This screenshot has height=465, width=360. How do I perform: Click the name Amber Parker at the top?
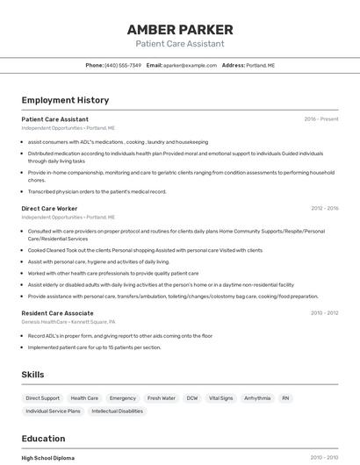(x=179, y=30)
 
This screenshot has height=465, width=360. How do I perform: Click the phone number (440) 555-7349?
(x=122, y=65)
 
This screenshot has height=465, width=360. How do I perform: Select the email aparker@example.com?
(x=190, y=65)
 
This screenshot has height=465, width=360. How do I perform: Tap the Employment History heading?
(x=65, y=100)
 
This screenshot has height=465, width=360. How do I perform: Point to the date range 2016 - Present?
(x=320, y=119)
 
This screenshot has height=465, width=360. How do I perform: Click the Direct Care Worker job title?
(x=49, y=209)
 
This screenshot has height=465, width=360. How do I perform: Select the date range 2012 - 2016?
(x=324, y=209)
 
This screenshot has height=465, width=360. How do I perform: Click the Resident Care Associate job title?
(x=57, y=313)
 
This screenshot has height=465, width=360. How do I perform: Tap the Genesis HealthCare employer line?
(x=68, y=322)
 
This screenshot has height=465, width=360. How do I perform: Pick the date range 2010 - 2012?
(x=324, y=313)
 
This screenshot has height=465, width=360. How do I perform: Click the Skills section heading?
(x=32, y=375)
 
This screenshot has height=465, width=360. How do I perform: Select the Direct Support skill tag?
(x=43, y=398)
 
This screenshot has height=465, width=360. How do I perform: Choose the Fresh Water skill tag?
(x=162, y=398)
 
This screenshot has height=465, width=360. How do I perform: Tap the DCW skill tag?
(x=191, y=398)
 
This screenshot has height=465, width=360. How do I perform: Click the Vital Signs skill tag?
(x=220, y=398)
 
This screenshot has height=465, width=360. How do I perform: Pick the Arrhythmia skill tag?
(x=257, y=398)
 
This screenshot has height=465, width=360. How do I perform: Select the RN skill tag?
(x=285, y=398)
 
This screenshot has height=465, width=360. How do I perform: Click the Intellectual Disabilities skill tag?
(x=117, y=411)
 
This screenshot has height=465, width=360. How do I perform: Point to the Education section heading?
(x=43, y=439)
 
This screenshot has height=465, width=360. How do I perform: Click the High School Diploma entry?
(x=48, y=458)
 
